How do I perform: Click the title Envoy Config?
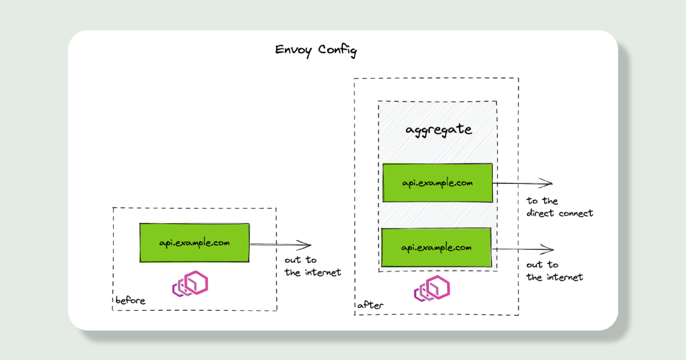pyautogui.click(x=316, y=50)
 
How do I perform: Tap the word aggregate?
pyautogui.click(x=438, y=130)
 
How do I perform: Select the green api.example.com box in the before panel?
pyautogui.click(x=194, y=243)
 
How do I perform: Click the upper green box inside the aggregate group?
pyautogui.click(x=437, y=183)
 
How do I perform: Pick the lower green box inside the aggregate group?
pyautogui.click(x=436, y=247)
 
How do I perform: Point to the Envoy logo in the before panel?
pyautogui.click(x=190, y=284)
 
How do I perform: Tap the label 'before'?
pyautogui.click(x=130, y=301)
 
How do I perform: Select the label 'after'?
pyautogui.click(x=370, y=306)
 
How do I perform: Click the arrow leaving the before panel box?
pyautogui.click(x=280, y=245)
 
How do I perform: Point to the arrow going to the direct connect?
pyautogui.click(x=523, y=183)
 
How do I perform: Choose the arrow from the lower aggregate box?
pyautogui.click(x=523, y=250)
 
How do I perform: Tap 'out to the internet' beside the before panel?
pyautogui.click(x=312, y=266)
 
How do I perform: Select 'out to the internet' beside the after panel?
pyautogui.click(x=554, y=271)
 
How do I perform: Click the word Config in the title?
pyautogui.click(x=337, y=50)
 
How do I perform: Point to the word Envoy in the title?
pyautogui.click(x=294, y=50)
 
